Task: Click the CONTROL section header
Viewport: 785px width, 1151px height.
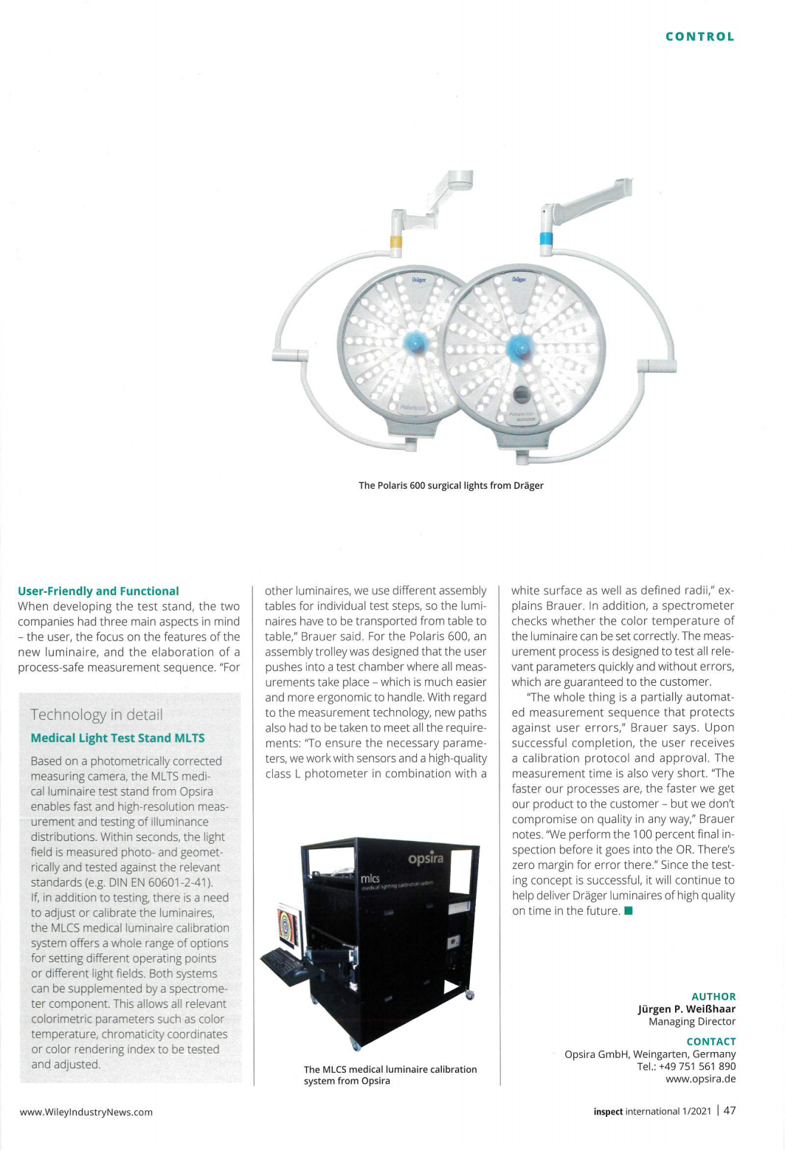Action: (699, 37)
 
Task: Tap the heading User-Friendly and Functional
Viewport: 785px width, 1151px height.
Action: (98, 591)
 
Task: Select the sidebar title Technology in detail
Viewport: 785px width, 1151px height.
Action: (97, 715)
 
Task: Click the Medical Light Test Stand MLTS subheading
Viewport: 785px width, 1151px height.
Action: (118, 738)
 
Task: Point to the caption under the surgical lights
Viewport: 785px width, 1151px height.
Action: (451, 486)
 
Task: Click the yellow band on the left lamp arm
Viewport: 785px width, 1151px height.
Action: (396, 241)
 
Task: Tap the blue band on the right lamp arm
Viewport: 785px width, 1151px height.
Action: (547, 238)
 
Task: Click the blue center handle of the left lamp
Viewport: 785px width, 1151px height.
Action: (415, 343)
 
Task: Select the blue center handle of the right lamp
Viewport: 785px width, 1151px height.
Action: (519, 346)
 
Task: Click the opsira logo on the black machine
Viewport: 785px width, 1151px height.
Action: (426, 859)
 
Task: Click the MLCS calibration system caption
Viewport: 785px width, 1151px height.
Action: (390, 1075)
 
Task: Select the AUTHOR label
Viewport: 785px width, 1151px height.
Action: (713, 997)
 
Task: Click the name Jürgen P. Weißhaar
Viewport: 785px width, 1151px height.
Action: (686, 1009)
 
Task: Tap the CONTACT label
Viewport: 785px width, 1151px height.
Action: (711, 1042)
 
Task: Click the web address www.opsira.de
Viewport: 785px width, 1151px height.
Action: (700, 1079)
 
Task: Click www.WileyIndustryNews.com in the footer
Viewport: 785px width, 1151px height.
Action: (86, 1112)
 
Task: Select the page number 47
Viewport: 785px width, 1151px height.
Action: (729, 1110)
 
